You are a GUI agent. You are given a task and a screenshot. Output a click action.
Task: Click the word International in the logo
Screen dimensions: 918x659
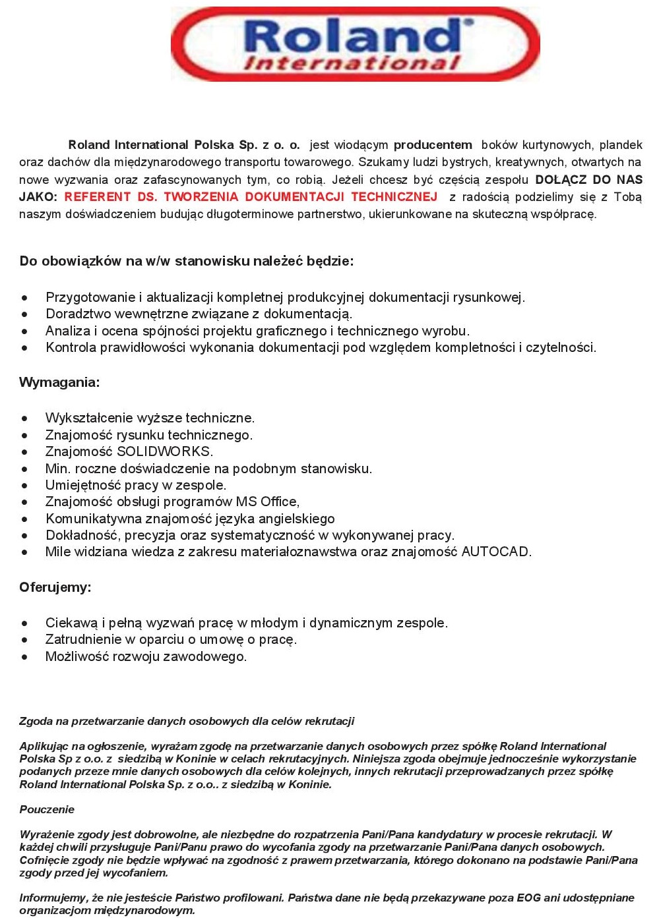point(352,64)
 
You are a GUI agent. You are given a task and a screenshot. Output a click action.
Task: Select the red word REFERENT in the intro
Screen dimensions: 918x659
point(98,196)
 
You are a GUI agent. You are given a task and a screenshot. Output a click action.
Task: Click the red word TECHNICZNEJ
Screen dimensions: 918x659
point(394,196)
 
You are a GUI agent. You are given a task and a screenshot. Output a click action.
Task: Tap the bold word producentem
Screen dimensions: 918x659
point(433,145)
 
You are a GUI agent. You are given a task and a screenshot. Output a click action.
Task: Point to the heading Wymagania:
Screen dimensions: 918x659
point(59,382)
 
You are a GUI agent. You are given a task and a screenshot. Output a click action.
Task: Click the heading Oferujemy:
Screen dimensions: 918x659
point(55,587)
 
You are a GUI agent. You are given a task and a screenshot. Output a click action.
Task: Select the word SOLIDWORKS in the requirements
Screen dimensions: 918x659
point(164,451)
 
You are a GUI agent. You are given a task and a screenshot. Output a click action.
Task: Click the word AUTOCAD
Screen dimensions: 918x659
point(495,552)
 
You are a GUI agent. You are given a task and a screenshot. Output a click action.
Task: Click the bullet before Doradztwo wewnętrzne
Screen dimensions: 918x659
point(25,314)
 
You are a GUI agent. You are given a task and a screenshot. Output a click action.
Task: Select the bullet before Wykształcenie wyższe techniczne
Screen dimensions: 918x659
point(25,418)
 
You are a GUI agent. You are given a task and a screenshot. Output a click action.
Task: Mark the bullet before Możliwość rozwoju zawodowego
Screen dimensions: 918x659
point(25,657)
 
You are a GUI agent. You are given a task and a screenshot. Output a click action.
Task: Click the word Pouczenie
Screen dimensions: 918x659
point(47,809)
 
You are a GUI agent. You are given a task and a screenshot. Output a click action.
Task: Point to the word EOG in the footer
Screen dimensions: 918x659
point(528,898)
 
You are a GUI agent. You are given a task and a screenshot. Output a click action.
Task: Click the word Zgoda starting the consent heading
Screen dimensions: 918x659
point(35,721)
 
